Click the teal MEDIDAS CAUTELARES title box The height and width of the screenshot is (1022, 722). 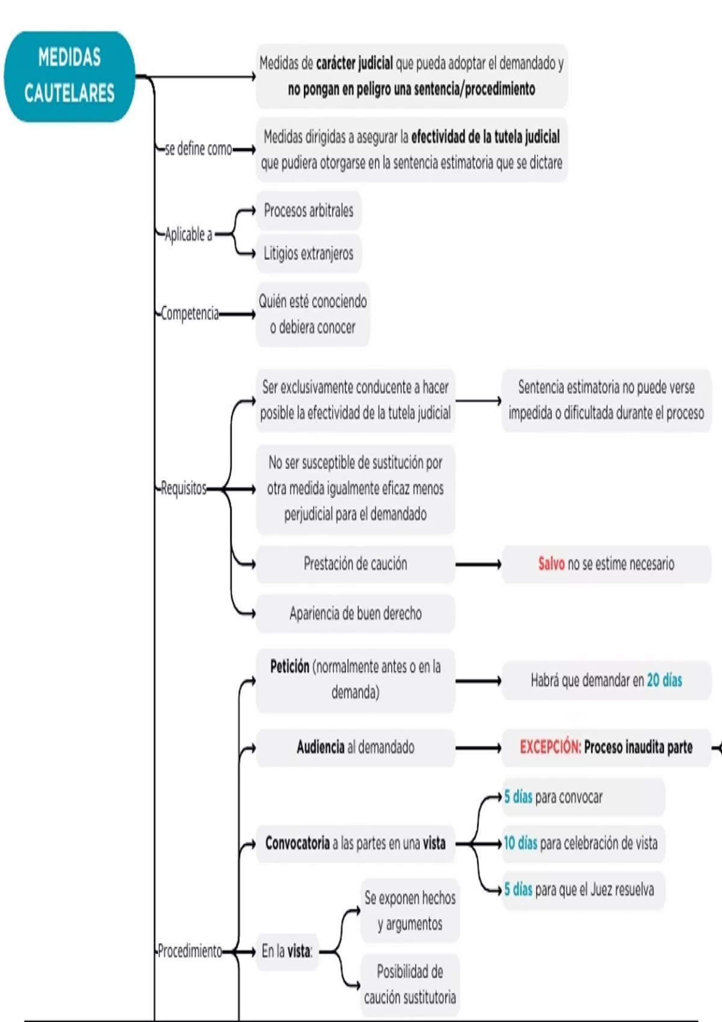[x=69, y=76]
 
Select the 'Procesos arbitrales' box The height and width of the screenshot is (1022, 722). [x=308, y=210]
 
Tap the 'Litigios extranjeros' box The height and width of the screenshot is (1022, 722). [x=308, y=254]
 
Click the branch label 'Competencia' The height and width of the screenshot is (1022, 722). [x=190, y=313]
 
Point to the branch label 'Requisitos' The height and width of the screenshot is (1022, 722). [x=184, y=488]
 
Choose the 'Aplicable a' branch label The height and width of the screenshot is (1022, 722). [x=188, y=234]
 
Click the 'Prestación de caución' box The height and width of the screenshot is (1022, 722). [x=355, y=564]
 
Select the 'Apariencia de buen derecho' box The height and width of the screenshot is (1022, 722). [x=355, y=613]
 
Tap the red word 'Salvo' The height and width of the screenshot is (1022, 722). [x=551, y=564]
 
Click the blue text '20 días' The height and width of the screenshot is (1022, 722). [x=664, y=681]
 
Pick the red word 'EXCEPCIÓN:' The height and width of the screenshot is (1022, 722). [x=550, y=747]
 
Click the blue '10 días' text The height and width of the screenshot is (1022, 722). [x=520, y=843]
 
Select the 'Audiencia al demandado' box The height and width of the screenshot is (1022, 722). [x=355, y=747]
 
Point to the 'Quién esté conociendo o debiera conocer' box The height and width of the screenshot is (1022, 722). [x=312, y=314]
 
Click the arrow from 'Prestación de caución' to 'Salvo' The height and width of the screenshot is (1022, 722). [x=478, y=565]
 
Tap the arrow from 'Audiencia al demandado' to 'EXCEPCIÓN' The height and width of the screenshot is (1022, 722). [x=478, y=748]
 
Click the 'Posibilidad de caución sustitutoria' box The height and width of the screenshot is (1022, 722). [x=410, y=984]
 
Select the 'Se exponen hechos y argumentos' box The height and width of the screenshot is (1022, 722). [x=410, y=910]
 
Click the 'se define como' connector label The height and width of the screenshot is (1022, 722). [x=198, y=149]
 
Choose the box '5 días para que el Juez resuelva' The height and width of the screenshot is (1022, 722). [x=582, y=890]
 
